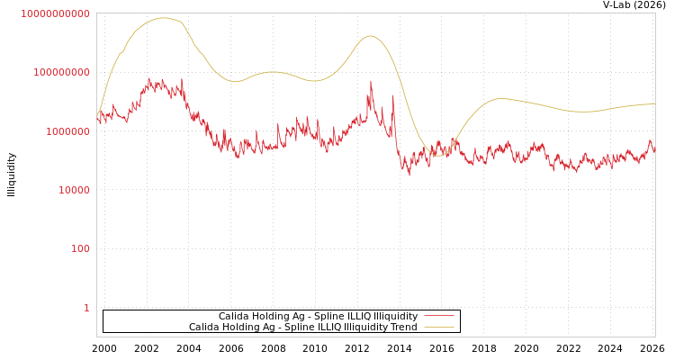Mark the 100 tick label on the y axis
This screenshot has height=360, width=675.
click(80, 248)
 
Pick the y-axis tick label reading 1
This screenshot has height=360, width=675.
click(86, 308)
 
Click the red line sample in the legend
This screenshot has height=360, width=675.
click(439, 317)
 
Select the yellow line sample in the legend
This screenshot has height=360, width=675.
click(439, 328)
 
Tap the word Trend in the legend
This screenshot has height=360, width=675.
click(403, 328)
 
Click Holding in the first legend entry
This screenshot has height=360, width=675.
click(271, 317)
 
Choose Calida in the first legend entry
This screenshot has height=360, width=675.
click(235, 317)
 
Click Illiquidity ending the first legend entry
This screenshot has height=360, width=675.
click(396, 317)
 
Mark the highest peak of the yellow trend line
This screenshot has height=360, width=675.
click(163, 18)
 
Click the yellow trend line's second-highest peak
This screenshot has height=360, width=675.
click(370, 36)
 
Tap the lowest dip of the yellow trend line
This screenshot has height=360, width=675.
click(439, 156)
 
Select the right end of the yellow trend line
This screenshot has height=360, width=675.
click(654, 103)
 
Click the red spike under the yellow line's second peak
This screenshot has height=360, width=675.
click(371, 82)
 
